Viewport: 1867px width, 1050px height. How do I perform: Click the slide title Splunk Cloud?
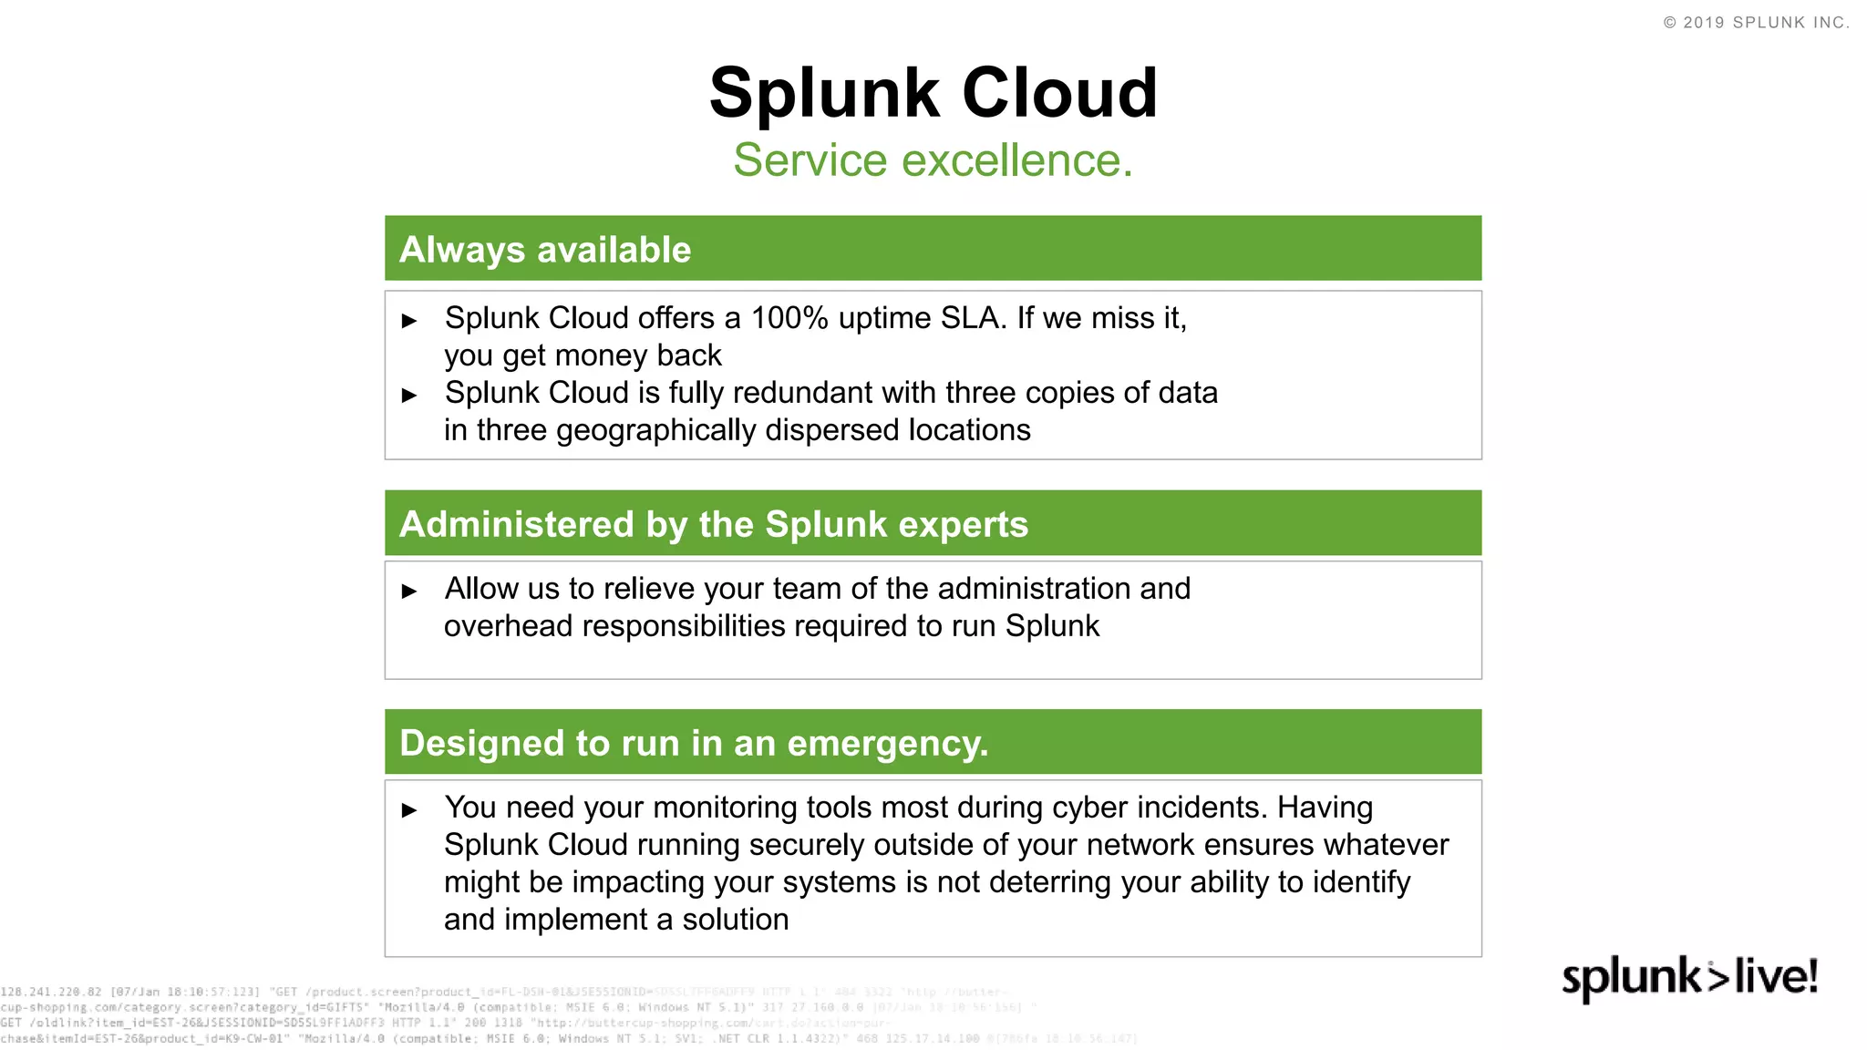pos(933,93)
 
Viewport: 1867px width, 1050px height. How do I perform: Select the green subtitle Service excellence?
pos(933,160)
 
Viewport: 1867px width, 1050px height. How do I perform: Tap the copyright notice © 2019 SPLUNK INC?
pos(1756,23)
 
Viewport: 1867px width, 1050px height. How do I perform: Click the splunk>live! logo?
pos(1689,978)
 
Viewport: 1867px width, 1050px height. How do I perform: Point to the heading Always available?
pos(545,250)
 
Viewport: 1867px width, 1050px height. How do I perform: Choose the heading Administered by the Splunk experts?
pos(714,524)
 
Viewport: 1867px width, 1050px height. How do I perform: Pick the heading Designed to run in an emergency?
pos(694,743)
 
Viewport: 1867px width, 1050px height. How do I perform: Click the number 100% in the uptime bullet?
pos(789,318)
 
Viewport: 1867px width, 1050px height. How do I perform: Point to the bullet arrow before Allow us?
pos(409,592)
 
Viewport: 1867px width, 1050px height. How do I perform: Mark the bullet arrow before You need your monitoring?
pos(409,810)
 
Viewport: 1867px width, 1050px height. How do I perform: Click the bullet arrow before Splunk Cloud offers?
pos(409,321)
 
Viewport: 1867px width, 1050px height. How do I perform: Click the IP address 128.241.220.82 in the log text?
pos(51,992)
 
